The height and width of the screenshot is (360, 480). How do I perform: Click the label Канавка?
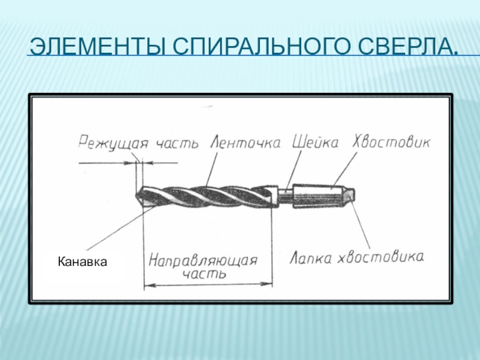point(82,262)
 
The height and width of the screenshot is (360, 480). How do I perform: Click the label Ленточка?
point(247,143)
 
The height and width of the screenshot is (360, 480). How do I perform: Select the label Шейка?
point(316,142)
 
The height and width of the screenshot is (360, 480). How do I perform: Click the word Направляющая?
point(203,261)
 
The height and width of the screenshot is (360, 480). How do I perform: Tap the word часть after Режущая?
point(177,143)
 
